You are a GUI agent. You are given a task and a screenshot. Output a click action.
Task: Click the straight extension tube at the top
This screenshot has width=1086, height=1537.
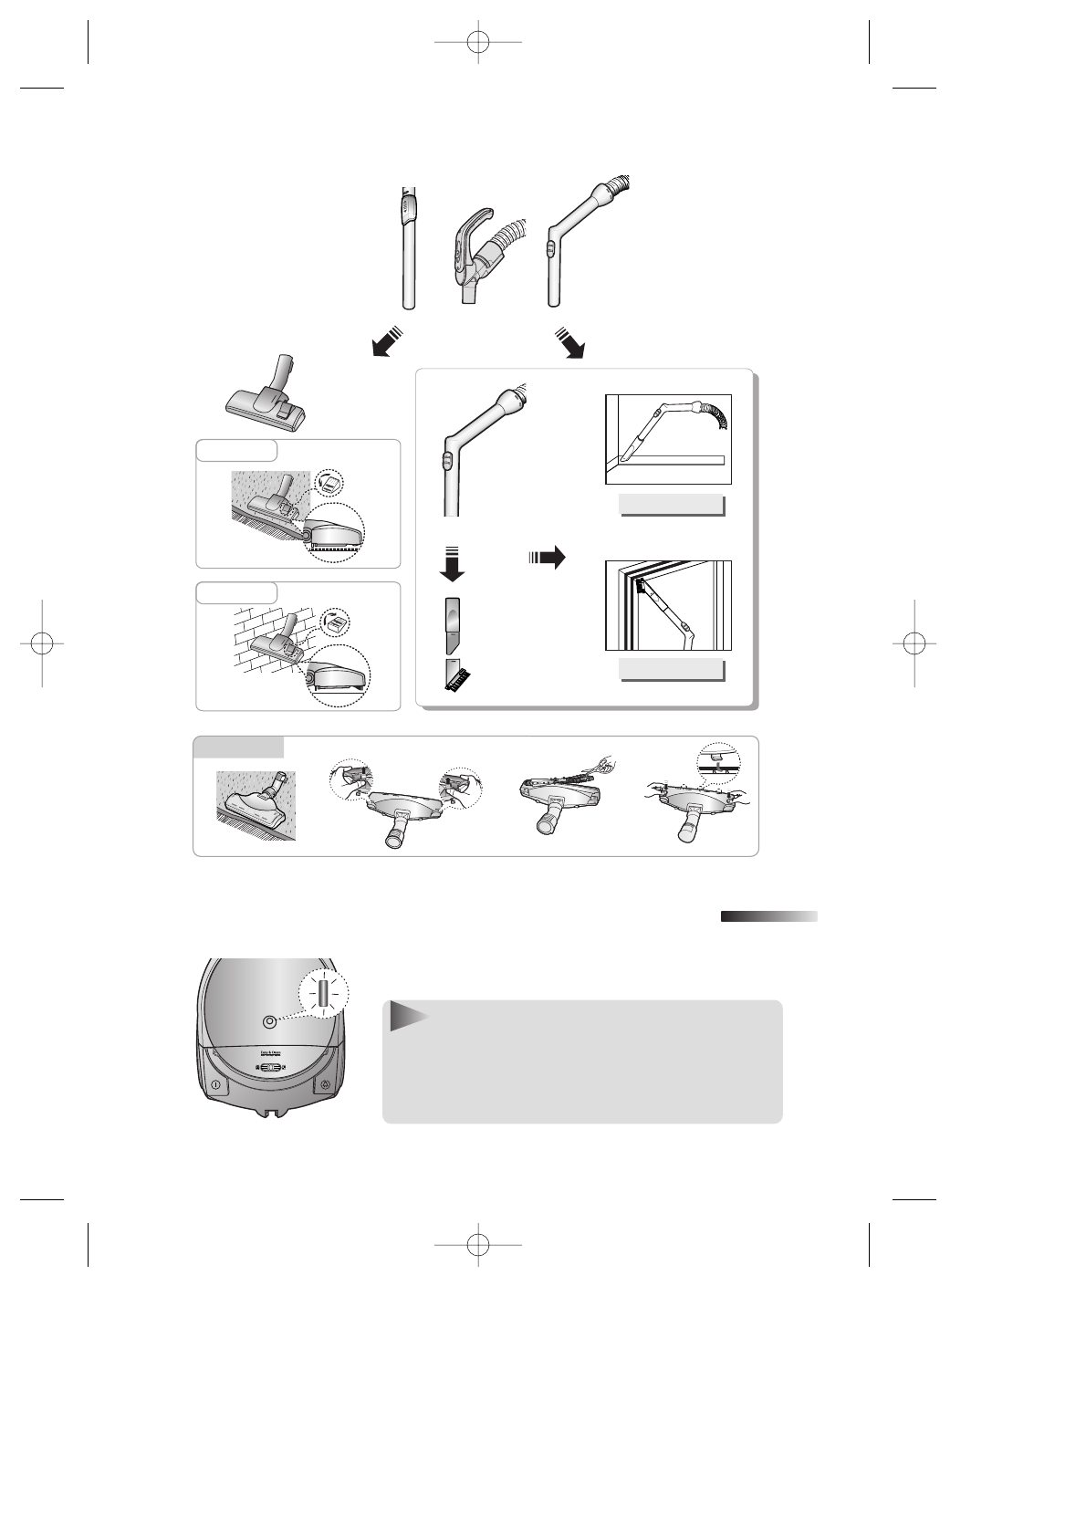click(x=411, y=248)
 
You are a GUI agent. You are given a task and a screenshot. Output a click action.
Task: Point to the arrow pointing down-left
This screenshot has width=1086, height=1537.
click(x=386, y=341)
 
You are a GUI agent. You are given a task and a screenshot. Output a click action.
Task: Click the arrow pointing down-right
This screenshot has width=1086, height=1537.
click(x=569, y=341)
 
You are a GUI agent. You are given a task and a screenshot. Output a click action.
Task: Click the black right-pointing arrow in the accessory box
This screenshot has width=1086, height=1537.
click(x=548, y=556)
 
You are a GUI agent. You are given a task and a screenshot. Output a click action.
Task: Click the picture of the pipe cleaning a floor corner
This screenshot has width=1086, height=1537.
click(x=668, y=440)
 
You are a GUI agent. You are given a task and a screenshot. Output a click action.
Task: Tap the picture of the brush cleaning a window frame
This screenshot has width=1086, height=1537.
click(x=668, y=605)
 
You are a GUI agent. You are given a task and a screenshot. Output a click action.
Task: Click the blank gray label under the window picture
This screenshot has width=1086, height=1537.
click(x=671, y=669)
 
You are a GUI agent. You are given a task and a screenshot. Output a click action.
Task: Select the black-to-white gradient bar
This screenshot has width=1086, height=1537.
click(x=768, y=916)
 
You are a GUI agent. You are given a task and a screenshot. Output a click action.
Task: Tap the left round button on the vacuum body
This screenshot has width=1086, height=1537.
click(x=215, y=1085)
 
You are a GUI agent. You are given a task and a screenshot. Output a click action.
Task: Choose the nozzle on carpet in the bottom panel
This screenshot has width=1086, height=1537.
click(x=256, y=806)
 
